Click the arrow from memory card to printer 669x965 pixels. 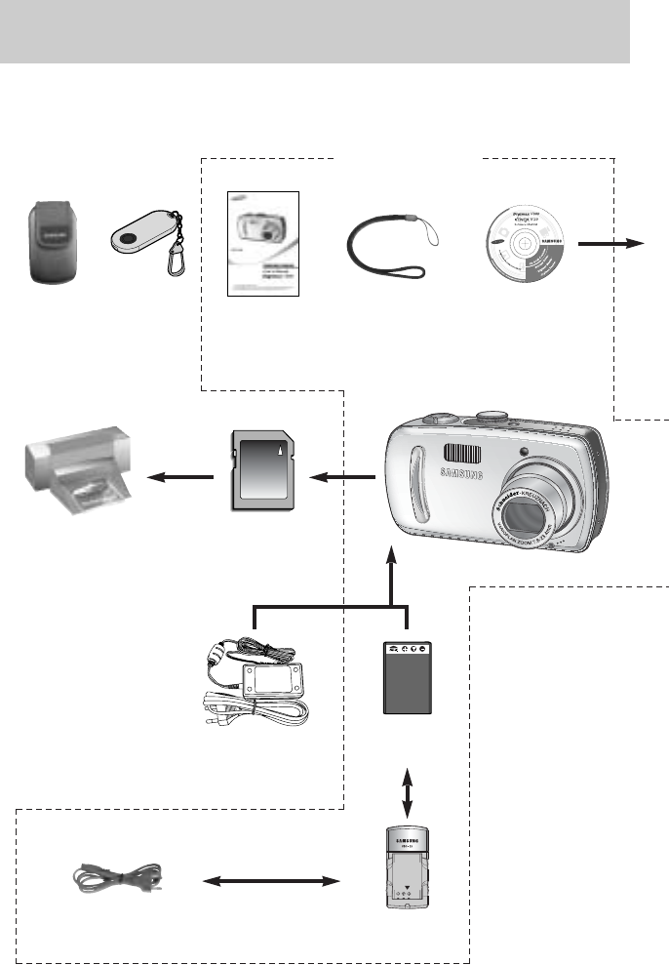coord(179,476)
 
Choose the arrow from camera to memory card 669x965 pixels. coord(341,476)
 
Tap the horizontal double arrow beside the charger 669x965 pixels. coord(265,882)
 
